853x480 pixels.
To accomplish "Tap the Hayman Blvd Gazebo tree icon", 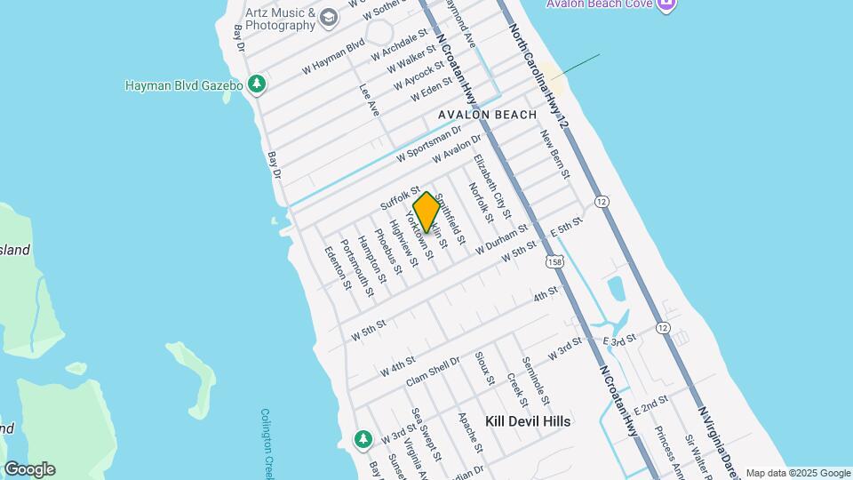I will coord(257,84).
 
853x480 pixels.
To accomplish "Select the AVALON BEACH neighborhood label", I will coord(487,115).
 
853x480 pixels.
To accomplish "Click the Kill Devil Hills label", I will coord(528,420).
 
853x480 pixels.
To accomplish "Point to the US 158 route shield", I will coord(555,262).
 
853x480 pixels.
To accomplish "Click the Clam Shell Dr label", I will coord(433,372).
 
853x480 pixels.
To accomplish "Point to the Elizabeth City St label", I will coord(492,187).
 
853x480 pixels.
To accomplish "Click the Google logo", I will coord(29,469).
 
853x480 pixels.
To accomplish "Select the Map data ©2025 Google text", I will coord(797,473).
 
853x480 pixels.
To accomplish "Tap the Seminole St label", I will coord(536,380).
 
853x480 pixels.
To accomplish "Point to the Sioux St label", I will coord(484,368).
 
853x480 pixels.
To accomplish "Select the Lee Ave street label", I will coord(369,100).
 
